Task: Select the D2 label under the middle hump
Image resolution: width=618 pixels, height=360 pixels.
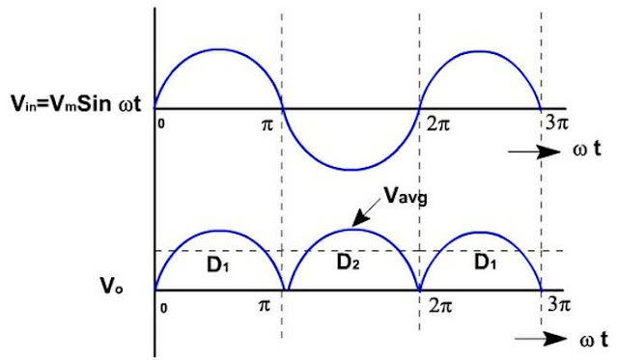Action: [351, 264]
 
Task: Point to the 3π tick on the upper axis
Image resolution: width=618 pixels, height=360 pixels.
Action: [551, 125]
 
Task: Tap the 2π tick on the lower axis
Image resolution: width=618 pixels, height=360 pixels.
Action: [430, 306]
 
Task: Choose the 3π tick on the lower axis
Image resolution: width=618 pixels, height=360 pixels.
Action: [551, 306]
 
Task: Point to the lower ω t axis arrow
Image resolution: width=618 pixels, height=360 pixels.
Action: [547, 338]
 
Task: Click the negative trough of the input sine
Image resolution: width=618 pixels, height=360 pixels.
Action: [351, 170]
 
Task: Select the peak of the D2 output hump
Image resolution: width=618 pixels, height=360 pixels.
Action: [351, 229]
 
